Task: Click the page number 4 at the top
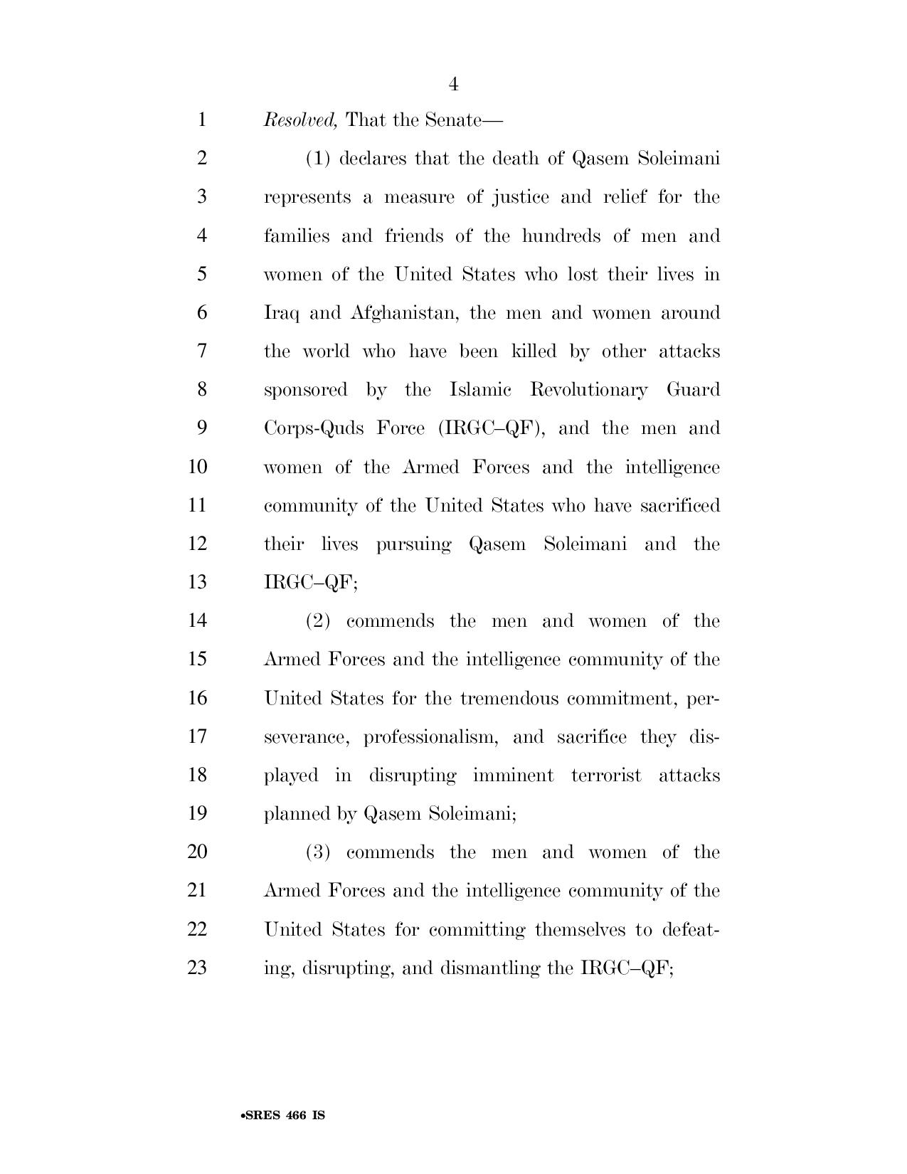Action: pos(453,85)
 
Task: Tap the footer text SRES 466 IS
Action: pos(283,1116)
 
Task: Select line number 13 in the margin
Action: pos(197,583)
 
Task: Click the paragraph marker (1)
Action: pos(318,158)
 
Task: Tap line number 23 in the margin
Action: pos(197,968)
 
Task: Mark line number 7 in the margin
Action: pos(201,351)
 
